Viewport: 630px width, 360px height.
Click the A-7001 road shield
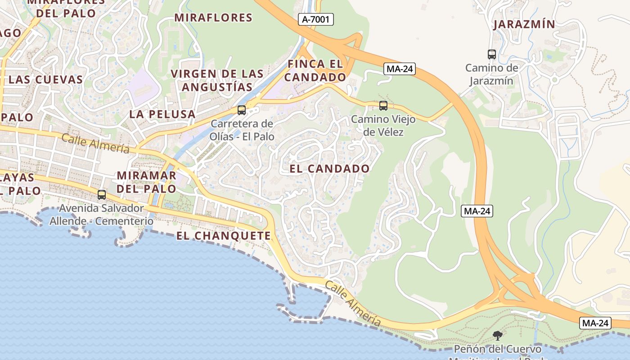(x=315, y=19)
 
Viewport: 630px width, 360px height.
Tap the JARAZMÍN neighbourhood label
(x=524, y=24)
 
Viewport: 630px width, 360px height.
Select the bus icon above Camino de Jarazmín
(x=492, y=54)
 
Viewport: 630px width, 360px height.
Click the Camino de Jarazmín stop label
(x=492, y=74)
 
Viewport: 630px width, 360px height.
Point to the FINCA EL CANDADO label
(x=315, y=71)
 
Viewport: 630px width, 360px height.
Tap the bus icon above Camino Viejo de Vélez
(x=383, y=106)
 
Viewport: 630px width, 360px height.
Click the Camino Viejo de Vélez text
(x=377, y=126)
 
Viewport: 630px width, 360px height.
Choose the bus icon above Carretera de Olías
(x=242, y=110)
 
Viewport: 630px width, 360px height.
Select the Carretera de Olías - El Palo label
(x=242, y=130)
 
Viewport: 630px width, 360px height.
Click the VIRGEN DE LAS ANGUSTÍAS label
(x=217, y=80)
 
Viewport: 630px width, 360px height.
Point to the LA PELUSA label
(x=162, y=114)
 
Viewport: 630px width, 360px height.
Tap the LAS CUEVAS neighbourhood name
(x=46, y=80)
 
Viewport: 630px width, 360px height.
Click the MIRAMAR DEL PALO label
(x=146, y=182)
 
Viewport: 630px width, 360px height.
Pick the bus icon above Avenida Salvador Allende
(x=102, y=195)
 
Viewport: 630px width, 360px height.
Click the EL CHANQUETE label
(x=224, y=236)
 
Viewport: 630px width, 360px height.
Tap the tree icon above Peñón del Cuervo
(x=498, y=335)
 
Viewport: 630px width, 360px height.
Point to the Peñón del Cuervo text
(x=497, y=349)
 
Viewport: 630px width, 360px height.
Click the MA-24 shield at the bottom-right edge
(x=595, y=323)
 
